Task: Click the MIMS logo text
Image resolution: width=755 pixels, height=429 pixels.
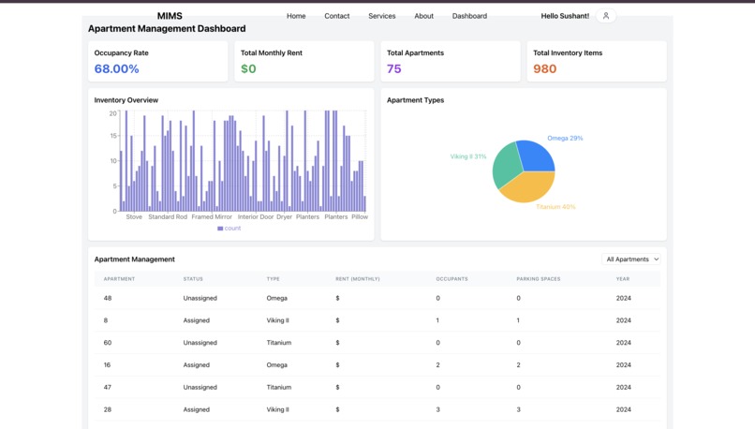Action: [170, 16]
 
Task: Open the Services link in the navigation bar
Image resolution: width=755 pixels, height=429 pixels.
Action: [381, 16]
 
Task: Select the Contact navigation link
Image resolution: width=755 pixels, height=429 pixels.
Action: [336, 16]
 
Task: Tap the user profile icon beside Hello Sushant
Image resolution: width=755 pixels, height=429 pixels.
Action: [606, 16]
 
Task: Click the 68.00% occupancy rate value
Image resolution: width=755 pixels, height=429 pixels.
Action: [116, 69]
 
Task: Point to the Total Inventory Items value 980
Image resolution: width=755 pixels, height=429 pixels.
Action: [544, 69]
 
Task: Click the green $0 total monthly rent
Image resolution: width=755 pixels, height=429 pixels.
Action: [248, 69]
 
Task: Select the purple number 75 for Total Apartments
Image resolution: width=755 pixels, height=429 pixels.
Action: [393, 69]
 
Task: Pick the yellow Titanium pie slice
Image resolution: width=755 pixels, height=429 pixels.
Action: [526, 188]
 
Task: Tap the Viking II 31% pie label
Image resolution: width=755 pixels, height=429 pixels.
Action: [467, 156]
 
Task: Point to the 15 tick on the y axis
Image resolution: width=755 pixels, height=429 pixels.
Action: [113, 137]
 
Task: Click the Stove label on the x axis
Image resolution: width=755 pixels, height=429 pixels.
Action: [134, 217]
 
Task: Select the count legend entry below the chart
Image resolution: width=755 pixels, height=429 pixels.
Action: [229, 229]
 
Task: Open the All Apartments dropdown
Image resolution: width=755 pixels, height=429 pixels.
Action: [632, 259]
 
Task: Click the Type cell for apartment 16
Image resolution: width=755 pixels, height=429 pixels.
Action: [276, 365]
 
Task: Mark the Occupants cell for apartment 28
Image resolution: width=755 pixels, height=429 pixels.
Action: [437, 409]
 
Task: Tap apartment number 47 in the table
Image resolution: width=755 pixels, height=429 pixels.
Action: [108, 387]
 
